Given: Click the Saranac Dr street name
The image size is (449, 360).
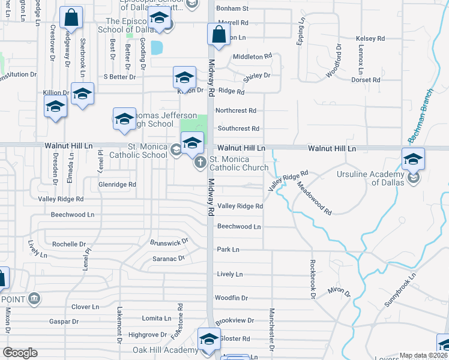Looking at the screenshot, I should tap(168, 259).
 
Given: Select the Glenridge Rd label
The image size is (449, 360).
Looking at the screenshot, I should tap(118, 184).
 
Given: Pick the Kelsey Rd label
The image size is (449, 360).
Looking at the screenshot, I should tap(370, 38).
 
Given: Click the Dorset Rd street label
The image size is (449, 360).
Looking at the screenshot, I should tap(366, 79).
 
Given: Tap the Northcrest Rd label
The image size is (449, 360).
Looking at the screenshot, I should tap(236, 110).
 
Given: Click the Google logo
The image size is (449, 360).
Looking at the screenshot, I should tap(20, 353).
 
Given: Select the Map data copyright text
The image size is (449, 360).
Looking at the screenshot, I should tap(423, 355).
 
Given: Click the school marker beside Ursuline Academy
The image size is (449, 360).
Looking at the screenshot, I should tap(413, 160).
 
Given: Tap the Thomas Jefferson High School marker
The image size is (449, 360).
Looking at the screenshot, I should tap(124, 119).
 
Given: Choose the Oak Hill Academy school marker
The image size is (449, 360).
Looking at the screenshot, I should tap(209, 339).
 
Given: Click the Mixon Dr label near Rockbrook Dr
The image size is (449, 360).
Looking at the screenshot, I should tap(338, 291).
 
